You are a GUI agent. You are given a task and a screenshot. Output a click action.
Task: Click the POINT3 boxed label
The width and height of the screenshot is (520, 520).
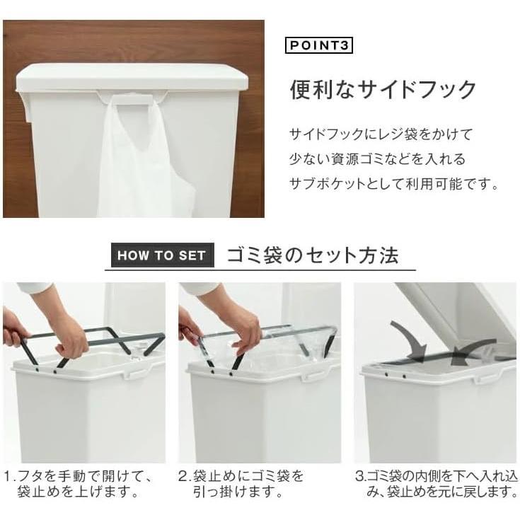click(x=318, y=45)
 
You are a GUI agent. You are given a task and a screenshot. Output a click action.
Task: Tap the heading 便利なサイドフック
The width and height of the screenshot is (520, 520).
click(x=383, y=90)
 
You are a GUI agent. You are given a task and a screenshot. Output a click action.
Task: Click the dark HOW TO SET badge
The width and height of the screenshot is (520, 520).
click(x=163, y=255)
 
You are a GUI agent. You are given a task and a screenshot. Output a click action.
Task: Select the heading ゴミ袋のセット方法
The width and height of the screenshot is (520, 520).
click(x=313, y=255)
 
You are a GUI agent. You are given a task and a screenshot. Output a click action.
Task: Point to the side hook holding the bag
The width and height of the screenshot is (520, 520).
click(x=132, y=99)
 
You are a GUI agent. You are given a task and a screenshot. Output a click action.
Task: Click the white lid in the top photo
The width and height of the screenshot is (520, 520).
click(x=132, y=77)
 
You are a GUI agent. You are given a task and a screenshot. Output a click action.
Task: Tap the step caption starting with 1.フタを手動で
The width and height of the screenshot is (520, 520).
click(x=79, y=483)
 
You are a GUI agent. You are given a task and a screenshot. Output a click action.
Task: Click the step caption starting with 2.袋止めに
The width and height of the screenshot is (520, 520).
click(x=241, y=483)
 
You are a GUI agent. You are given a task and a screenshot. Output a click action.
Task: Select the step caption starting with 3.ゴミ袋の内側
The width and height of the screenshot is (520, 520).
click(x=436, y=483)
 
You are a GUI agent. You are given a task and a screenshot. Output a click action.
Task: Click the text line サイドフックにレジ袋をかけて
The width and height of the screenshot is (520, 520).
click(x=381, y=134)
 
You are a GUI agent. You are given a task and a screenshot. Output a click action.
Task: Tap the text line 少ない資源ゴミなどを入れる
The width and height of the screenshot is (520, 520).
click(x=377, y=159)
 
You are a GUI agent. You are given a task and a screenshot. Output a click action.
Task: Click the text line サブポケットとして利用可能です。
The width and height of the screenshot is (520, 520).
click(x=394, y=183)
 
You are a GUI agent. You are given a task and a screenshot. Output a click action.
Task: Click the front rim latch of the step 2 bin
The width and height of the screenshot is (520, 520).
click(x=310, y=376)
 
